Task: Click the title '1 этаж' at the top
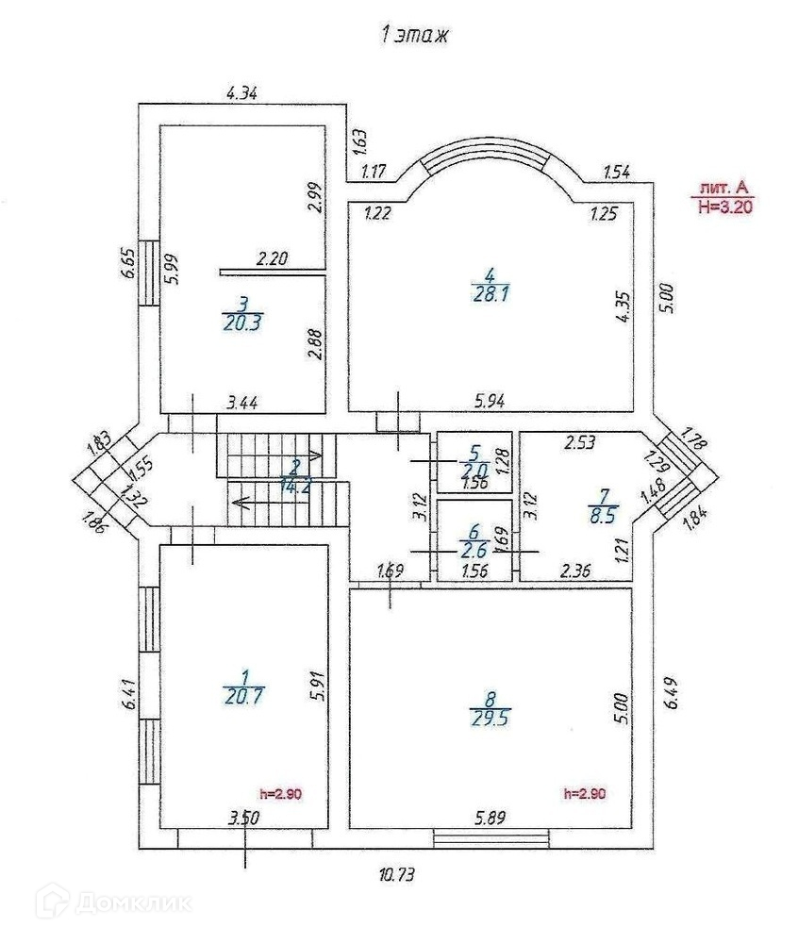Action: point(414,36)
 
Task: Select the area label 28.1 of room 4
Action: point(490,293)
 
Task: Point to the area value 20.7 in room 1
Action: point(244,696)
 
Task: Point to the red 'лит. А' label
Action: point(724,188)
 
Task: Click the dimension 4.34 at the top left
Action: point(242,92)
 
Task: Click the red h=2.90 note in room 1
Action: point(279,793)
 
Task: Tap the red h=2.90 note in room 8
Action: point(583,793)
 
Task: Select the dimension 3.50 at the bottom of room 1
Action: point(243,818)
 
